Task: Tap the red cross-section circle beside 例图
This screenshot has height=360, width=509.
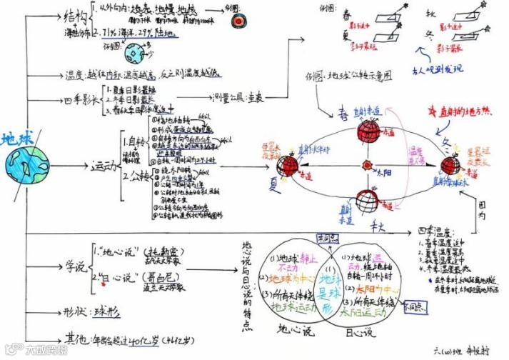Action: coord(238,21)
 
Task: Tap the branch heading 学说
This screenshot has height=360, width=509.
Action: coord(74,266)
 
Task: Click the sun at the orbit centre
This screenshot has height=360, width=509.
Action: coord(367,166)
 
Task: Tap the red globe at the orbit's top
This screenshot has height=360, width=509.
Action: coord(368,131)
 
